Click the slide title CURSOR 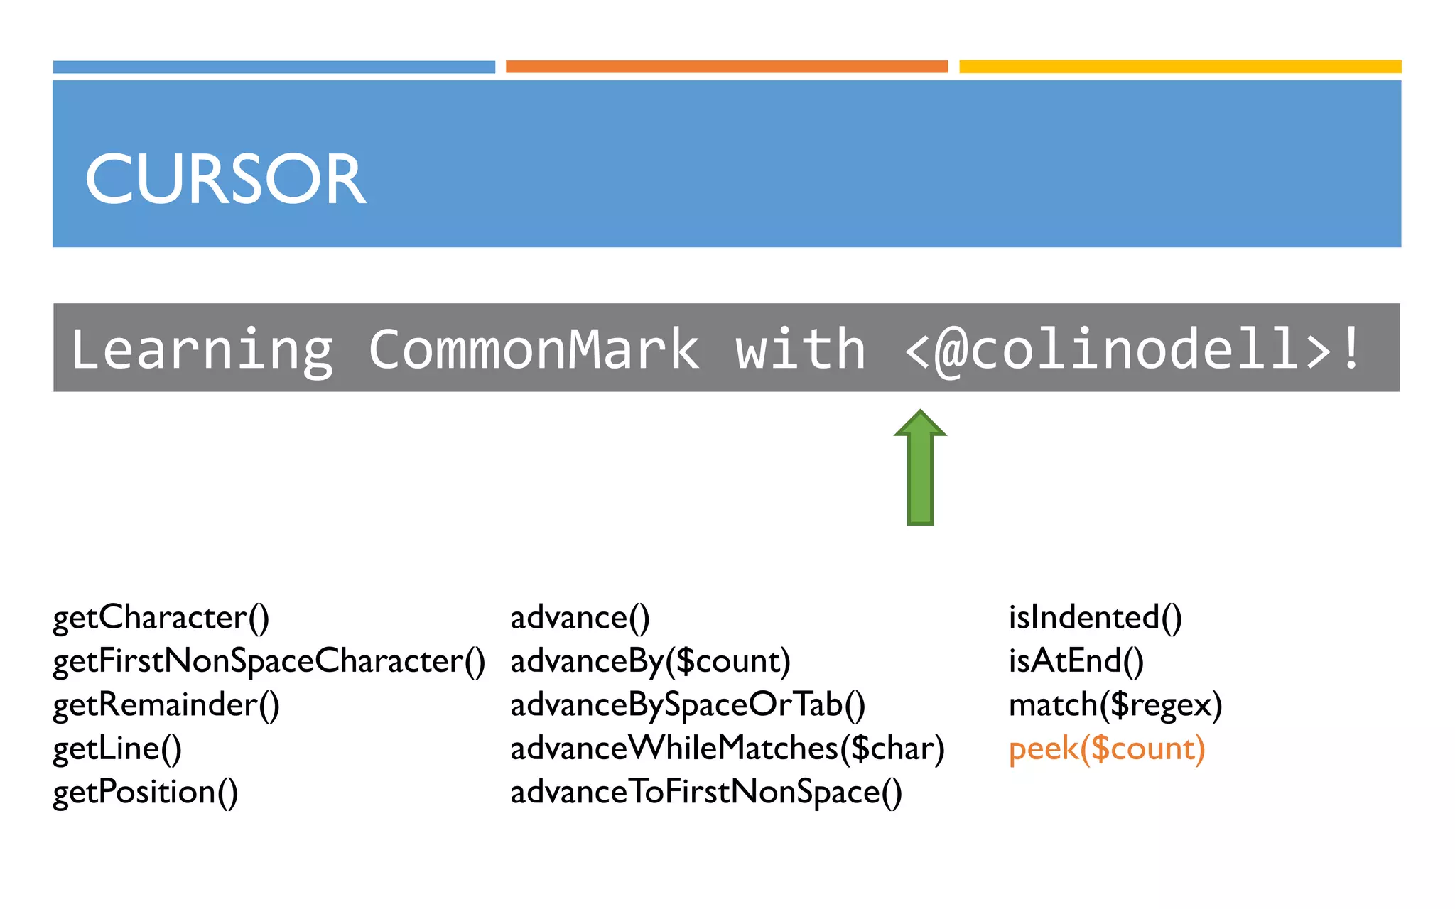point(225,179)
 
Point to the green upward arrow point(920,468)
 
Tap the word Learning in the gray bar point(202,349)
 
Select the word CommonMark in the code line point(534,349)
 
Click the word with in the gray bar point(800,349)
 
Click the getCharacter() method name point(161,618)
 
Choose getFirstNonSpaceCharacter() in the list point(269,661)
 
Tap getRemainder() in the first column point(166,705)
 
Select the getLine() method point(117,749)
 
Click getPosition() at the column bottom point(146,793)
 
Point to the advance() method point(580,618)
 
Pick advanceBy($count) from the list point(650,661)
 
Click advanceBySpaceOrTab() point(688,705)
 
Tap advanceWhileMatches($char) point(727,749)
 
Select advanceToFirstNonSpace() point(706,793)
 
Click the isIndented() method point(1095,618)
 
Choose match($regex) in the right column point(1115,705)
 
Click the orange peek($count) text point(1107,749)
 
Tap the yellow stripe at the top point(1180,67)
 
